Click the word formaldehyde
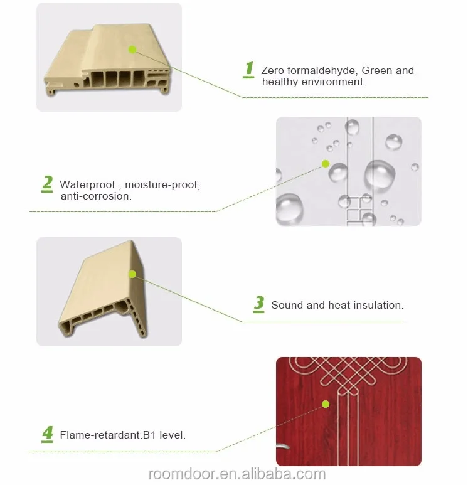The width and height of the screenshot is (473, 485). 322,70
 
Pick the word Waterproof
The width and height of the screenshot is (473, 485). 88,184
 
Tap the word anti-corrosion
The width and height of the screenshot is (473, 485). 96,196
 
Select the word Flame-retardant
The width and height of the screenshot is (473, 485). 101,435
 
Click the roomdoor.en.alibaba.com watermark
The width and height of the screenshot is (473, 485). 237,474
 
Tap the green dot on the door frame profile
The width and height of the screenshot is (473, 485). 132,50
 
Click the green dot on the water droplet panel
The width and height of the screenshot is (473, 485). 326,164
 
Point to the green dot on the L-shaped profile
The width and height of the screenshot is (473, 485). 132,274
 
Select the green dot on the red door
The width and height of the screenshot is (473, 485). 326,404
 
